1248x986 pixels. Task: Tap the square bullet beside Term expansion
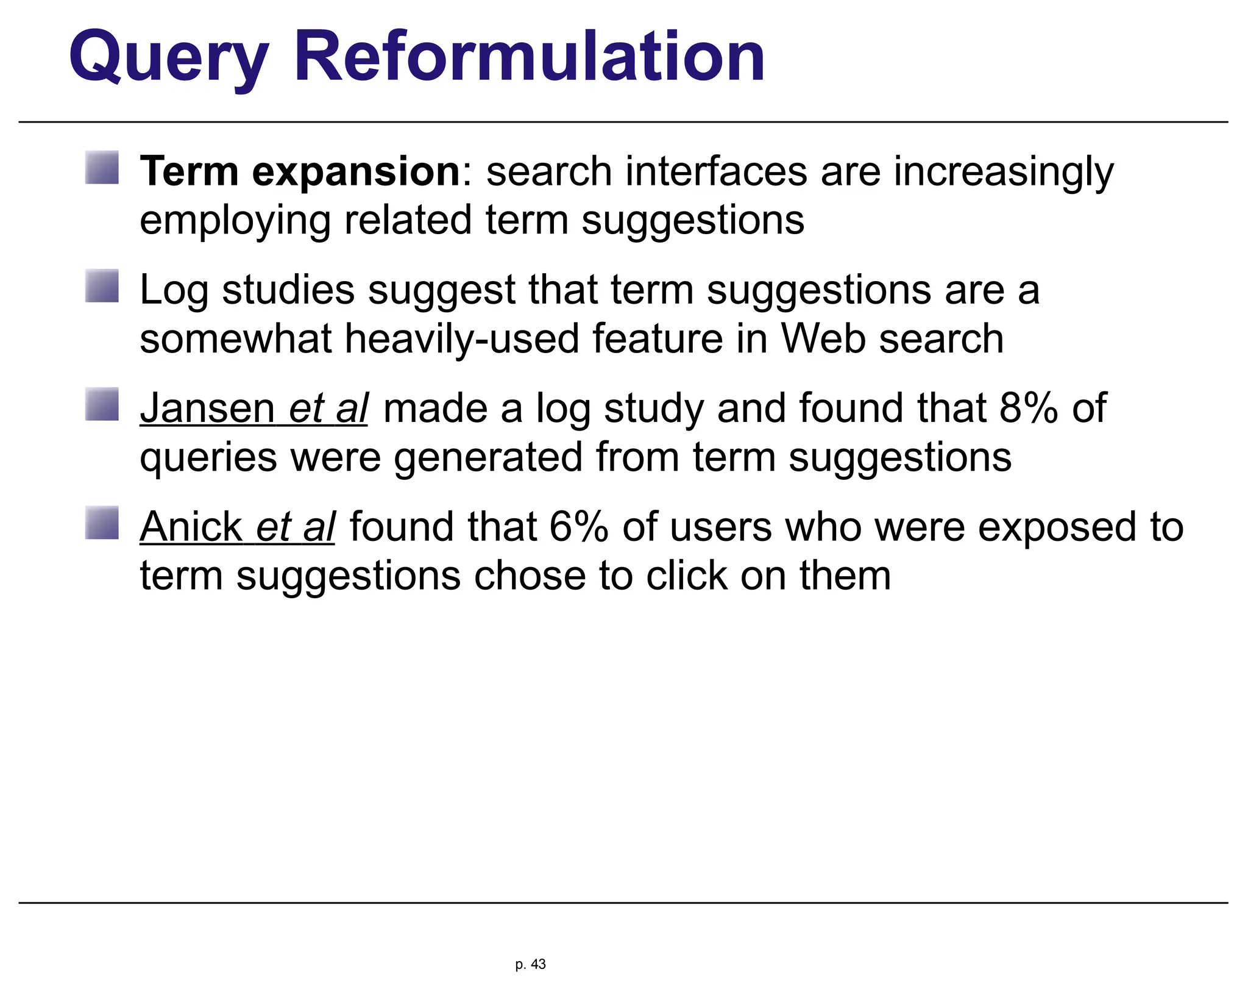pos(102,168)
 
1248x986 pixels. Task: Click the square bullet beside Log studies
pos(102,286)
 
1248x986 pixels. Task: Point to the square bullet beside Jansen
pos(102,404)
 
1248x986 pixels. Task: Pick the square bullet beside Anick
pos(102,523)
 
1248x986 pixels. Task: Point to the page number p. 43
pos(530,964)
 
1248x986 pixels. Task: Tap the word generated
pos(488,457)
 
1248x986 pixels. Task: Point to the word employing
pos(235,221)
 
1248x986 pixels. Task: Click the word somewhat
pos(235,338)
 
